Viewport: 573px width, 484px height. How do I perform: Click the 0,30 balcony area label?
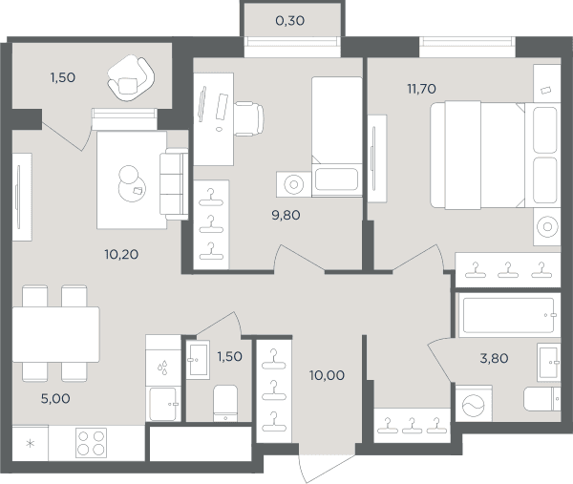(289, 21)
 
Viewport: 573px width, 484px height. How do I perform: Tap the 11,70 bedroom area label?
(422, 89)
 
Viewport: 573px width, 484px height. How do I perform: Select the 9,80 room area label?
(286, 215)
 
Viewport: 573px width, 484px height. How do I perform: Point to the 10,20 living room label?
(121, 254)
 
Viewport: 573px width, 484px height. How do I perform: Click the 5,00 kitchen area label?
(55, 398)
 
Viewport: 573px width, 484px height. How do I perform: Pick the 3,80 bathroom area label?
(494, 359)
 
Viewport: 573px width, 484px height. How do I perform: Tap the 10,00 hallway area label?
(327, 375)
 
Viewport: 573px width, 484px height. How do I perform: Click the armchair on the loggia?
(131, 78)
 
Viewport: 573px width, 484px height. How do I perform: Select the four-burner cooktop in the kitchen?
(91, 443)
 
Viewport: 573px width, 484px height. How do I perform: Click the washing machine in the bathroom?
(474, 404)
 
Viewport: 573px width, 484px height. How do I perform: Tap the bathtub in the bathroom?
(509, 315)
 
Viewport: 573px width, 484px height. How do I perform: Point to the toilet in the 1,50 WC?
(225, 403)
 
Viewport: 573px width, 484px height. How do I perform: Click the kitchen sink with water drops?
(163, 367)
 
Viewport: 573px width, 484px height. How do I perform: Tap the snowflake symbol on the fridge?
(31, 444)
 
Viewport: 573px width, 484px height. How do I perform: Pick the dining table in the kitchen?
(56, 334)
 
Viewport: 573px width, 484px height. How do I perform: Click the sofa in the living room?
(174, 184)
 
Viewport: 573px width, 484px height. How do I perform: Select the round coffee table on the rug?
(132, 184)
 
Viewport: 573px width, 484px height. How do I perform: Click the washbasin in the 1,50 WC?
(198, 360)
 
